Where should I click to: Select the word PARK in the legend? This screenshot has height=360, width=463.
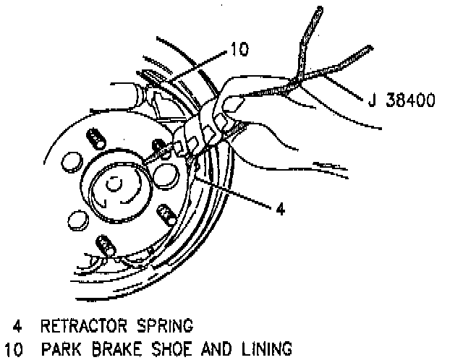point(66,349)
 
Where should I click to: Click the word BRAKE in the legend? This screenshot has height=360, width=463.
point(116,349)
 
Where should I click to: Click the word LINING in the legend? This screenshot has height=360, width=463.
point(264,349)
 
